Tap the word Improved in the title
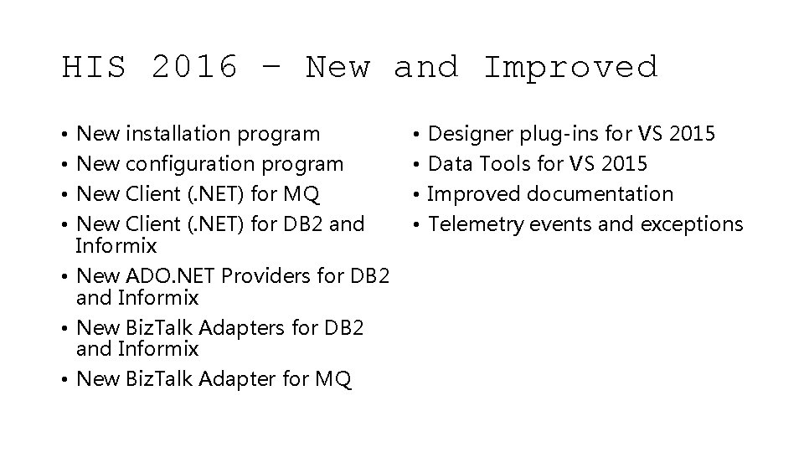tap(571, 67)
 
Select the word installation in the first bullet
tap(178, 133)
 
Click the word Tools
tap(504, 164)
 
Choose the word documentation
tap(599, 194)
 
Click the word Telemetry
tap(471, 224)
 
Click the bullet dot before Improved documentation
tap(416, 195)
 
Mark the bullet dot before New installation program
tap(65, 134)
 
